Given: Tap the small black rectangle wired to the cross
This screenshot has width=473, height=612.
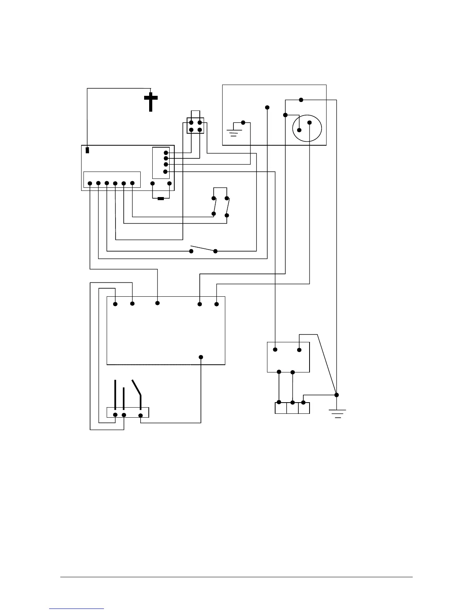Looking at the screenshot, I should pos(87,150).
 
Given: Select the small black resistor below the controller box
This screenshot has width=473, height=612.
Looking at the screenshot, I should pos(161,199).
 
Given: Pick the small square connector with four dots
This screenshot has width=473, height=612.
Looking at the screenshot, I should pos(195,126).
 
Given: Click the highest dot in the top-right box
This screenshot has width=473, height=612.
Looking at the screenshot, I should pos(301,100).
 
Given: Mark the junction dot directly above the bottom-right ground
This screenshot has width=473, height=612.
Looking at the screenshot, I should pos(336,395).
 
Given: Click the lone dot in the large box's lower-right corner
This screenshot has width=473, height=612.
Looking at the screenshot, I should pos(201,357).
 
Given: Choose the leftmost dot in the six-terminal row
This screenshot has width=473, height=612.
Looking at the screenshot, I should pos(90,183).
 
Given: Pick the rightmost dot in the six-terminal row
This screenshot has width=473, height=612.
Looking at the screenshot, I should pos(132,183).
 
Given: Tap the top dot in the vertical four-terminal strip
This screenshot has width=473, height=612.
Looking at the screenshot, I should pos(166,153).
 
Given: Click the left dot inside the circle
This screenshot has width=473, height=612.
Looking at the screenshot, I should pos(299,130).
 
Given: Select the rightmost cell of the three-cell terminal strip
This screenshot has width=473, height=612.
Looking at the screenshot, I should pos(304,408).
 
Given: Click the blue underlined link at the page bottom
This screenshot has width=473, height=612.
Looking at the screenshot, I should pos(77,609).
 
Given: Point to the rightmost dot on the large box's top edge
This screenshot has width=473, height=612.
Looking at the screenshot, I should pos(216,304).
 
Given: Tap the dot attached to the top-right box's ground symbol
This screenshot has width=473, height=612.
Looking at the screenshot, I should pos(243,123).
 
